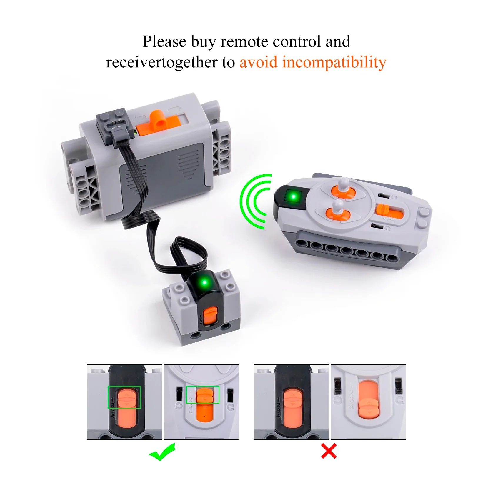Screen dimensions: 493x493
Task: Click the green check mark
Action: click(x=162, y=453)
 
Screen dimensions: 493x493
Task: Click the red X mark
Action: click(x=329, y=452)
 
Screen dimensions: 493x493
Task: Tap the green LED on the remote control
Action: click(x=293, y=196)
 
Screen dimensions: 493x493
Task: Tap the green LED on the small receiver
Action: click(x=205, y=283)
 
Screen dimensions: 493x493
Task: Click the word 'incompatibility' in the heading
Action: click(x=334, y=62)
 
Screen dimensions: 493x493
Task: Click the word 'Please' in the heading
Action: click(x=164, y=41)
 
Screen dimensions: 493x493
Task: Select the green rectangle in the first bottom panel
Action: click(x=124, y=397)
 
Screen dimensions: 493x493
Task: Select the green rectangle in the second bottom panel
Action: click(x=203, y=394)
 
